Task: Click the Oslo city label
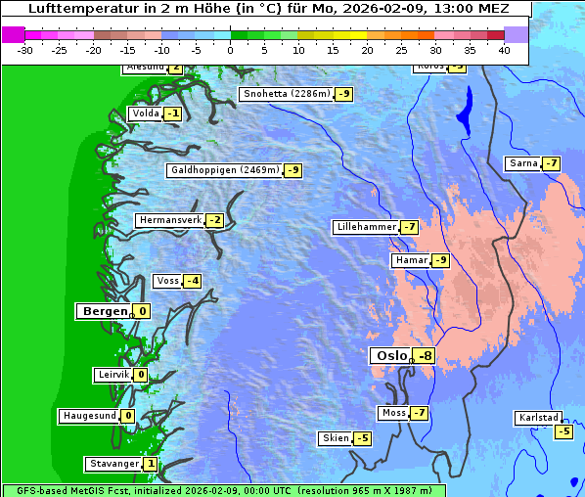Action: click(x=389, y=356)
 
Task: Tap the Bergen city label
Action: click(x=104, y=311)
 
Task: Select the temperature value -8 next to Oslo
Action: click(x=425, y=356)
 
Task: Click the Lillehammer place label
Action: click(x=366, y=227)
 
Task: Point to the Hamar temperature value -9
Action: click(x=441, y=260)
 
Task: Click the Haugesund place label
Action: click(x=89, y=416)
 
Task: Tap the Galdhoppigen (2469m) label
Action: click(x=225, y=170)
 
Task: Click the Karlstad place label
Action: click(x=538, y=418)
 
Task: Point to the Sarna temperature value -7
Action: click(x=552, y=163)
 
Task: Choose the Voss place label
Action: click(x=167, y=281)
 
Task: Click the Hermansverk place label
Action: click(x=169, y=220)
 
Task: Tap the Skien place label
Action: click(x=335, y=437)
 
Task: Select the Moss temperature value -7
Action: click(x=419, y=413)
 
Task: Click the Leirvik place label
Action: click(x=112, y=375)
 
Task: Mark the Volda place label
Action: click(x=145, y=113)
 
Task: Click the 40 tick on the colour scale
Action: click(x=504, y=50)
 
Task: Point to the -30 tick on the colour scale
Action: click(x=25, y=50)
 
